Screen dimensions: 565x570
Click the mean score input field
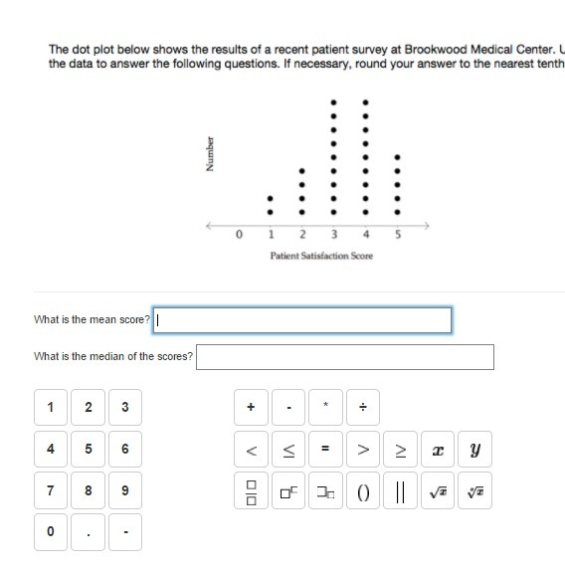[x=302, y=320]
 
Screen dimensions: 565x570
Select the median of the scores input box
[x=345, y=357]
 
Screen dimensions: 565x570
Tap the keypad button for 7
[x=51, y=490]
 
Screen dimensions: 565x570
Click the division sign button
[x=363, y=407]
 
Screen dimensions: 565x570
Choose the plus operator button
[x=251, y=407]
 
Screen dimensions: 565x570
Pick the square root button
[x=438, y=490]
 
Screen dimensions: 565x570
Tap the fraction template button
[x=251, y=490]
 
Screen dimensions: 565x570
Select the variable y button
[x=474, y=449]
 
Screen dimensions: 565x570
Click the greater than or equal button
[x=400, y=449]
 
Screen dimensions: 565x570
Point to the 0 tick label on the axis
[x=239, y=235]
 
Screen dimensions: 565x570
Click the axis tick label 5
[x=398, y=235]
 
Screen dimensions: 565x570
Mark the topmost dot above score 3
[x=334, y=102]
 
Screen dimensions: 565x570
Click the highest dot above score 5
[x=398, y=157]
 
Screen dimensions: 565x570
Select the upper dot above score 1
[x=270, y=199]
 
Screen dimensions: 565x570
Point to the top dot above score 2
[x=301, y=171]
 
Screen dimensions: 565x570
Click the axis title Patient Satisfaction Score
[x=321, y=256]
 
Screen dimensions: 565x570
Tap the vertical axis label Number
[x=210, y=154]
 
